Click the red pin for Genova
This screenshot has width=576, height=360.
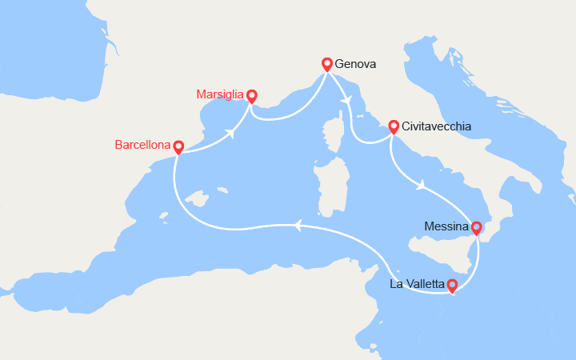(326, 64)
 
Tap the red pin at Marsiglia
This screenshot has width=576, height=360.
(252, 96)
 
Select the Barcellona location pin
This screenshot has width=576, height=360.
(178, 147)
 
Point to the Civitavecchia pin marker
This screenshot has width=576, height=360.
(394, 126)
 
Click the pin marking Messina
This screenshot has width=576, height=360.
(476, 228)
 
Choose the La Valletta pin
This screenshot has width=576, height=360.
(451, 284)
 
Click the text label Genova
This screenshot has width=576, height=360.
(356, 64)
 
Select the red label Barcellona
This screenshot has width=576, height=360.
(143, 146)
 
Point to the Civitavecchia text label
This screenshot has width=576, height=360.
(437, 126)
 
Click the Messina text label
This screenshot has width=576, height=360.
(446, 227)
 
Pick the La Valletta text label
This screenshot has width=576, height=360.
(417, 284)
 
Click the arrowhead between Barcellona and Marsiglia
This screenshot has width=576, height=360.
(232, 132)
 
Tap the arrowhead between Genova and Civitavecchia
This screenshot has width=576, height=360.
(346, 99)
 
